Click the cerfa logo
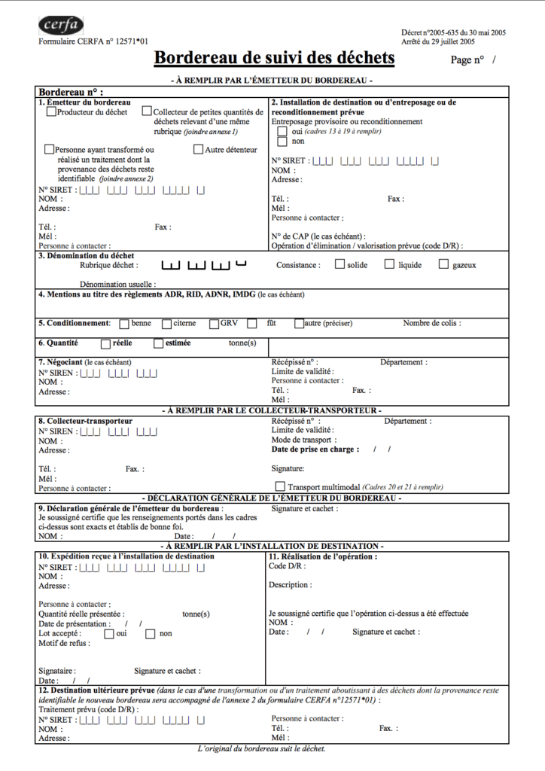[61, 26]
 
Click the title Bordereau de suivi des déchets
[274, 58]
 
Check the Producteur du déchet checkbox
[51, 112]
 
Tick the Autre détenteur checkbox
[199, 149]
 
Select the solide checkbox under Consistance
[339, 264]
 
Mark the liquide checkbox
[389, 264]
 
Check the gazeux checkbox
[443, 264]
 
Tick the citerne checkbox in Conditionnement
[166, 324]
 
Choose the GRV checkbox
[215, 324]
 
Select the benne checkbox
[124, 324]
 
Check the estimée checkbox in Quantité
[158, 343]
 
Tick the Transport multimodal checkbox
[281, 486]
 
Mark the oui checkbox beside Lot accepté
[109, 633]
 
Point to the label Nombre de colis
[431, 324]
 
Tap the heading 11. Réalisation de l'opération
[323, 556]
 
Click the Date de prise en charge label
[317, 449]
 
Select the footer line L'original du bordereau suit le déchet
[261, 749]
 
